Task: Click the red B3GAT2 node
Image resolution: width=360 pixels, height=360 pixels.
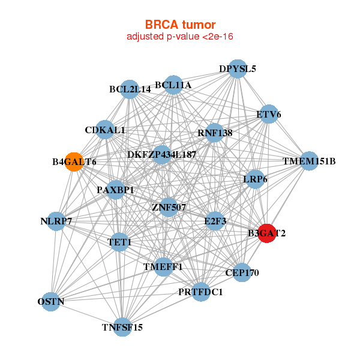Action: tap(266, 233)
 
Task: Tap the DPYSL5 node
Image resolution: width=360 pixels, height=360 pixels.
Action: tap(238, 68)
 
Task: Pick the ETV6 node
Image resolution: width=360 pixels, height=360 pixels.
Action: tap(268, 114)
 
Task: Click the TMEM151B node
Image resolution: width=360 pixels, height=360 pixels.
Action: tap(309, 161)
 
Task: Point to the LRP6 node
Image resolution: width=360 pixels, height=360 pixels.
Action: tap(256, 179)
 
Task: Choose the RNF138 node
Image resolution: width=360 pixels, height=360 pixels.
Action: tap(214, 133)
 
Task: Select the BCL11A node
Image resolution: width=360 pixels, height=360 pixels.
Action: tap(173, 85)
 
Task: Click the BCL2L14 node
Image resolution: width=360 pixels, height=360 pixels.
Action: tap(130, 89)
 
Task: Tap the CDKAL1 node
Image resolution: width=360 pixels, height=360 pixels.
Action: tap(105, 130)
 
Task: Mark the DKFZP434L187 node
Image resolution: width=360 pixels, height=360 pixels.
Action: tap(161, 155)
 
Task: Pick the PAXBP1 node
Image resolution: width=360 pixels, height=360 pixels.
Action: tap(115, 190)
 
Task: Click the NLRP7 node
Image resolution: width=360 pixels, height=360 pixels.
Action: tap(56, 221)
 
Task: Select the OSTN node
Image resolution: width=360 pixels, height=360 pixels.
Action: tap(52, 301)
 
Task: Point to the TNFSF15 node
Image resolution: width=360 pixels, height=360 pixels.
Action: tap(122, 327)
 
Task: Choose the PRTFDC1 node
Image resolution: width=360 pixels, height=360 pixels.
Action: tap(200, 292)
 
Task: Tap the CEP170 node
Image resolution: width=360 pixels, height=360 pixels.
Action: tap(242, 272)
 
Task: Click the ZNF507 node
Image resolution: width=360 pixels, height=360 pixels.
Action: tap(169, 208)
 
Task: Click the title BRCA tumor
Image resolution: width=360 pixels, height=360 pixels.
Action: tap(180, 25)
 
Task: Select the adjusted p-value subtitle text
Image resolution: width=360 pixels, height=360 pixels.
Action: tap(180, 37)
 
